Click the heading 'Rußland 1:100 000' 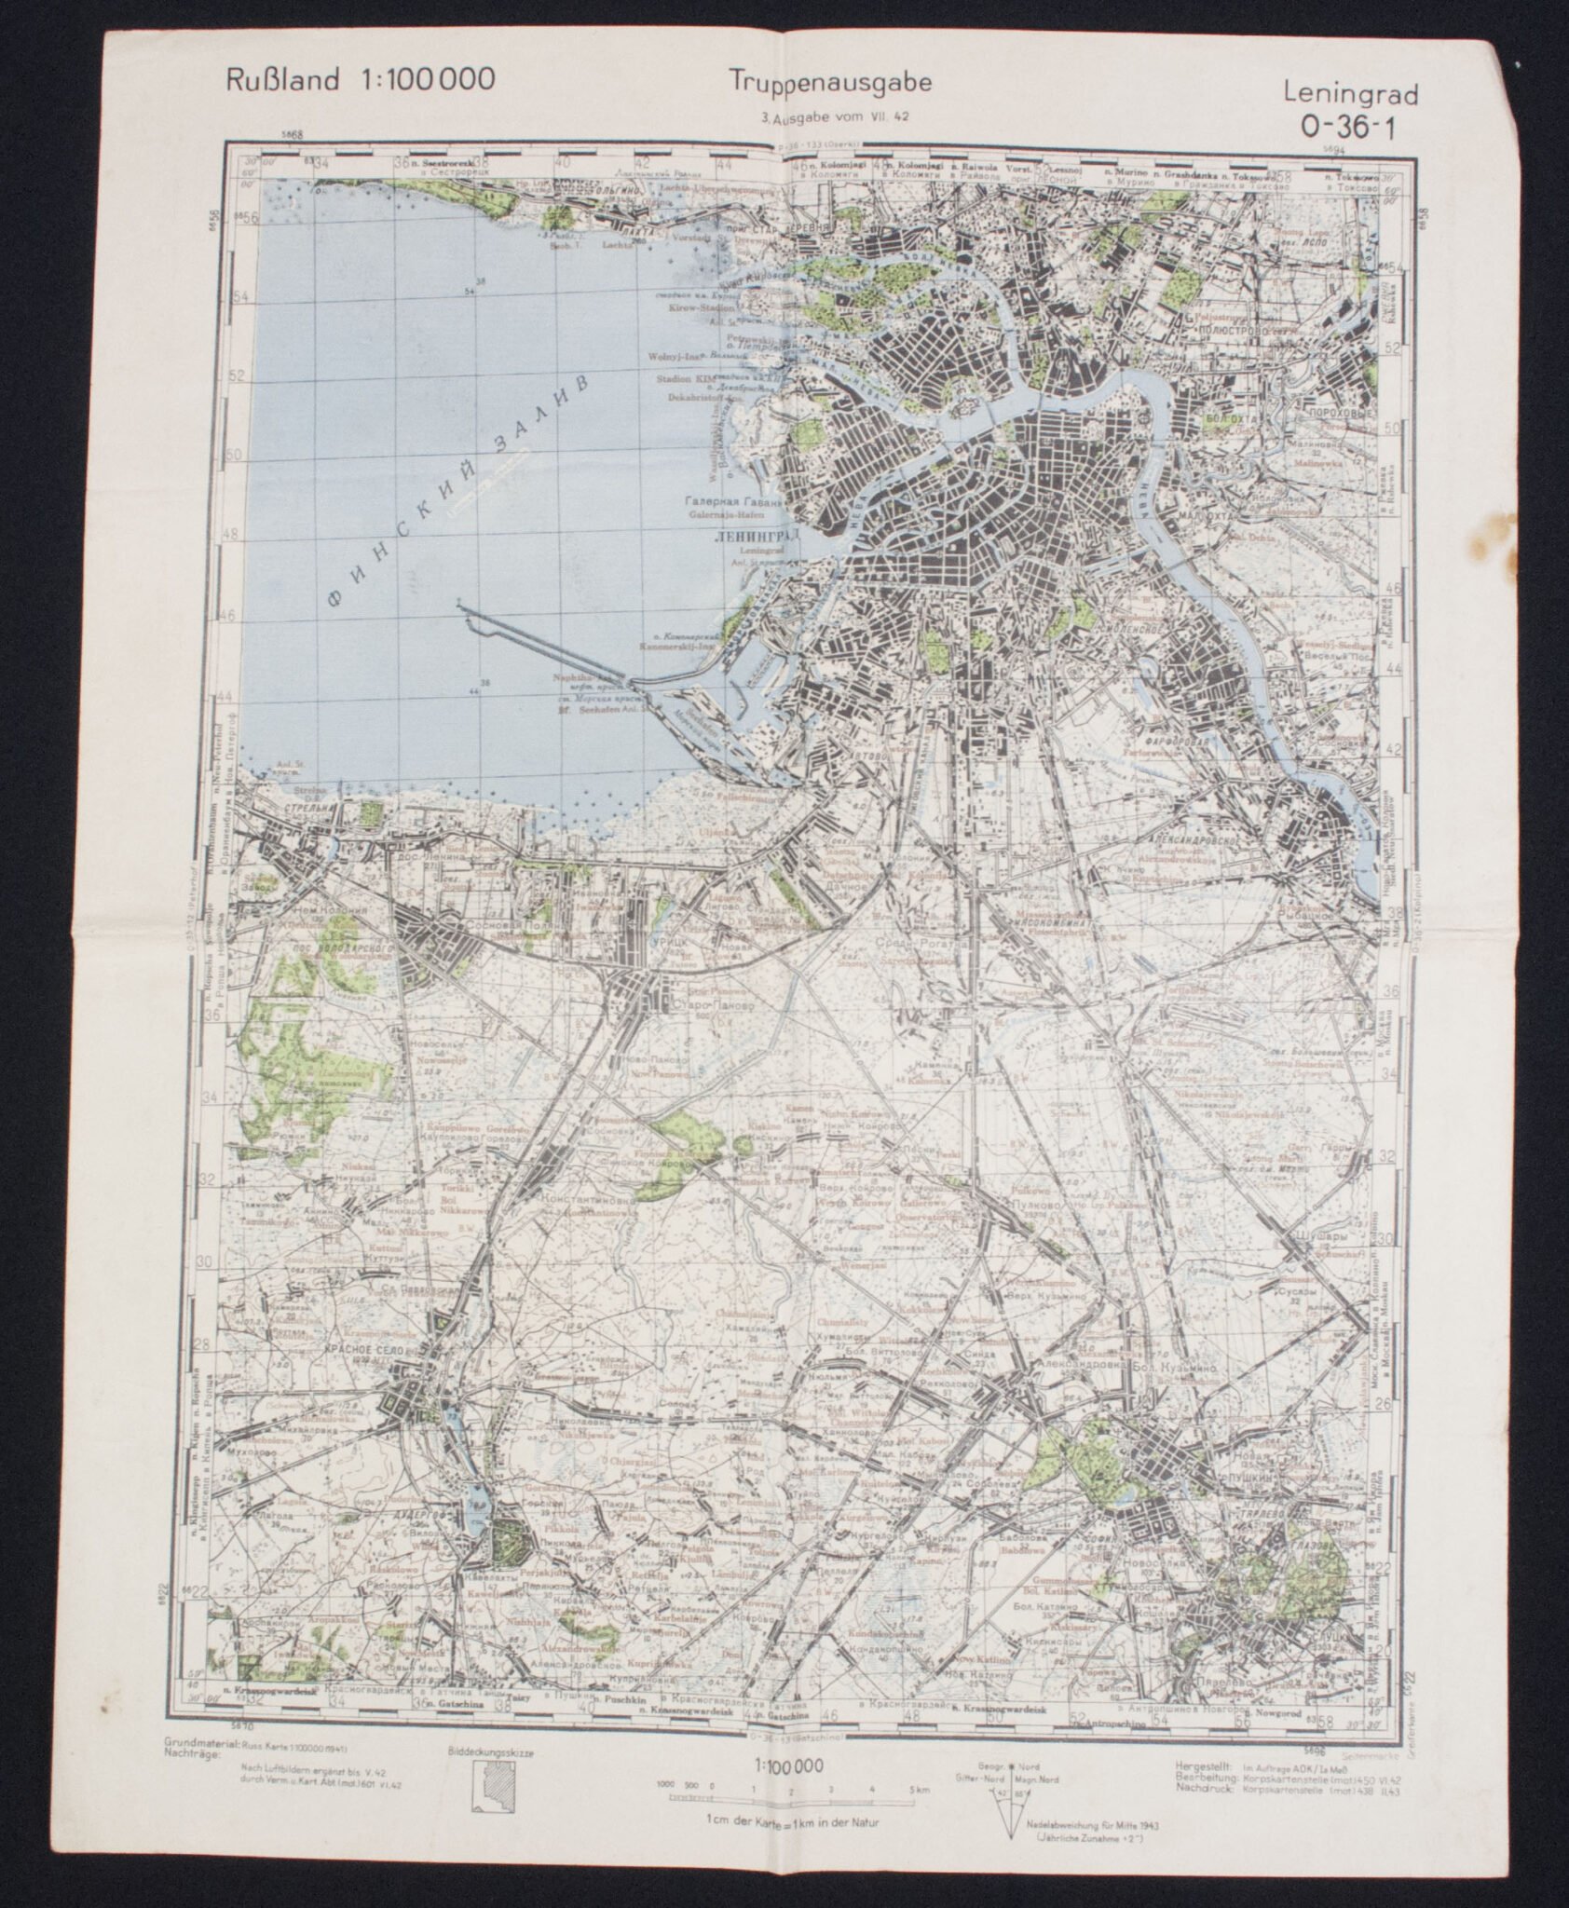[x=360, y=80]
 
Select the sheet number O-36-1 [x=1344, y=129]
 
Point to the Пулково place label [x=1035, y=1204]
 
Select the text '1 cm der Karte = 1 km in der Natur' [x=786, y=1844]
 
